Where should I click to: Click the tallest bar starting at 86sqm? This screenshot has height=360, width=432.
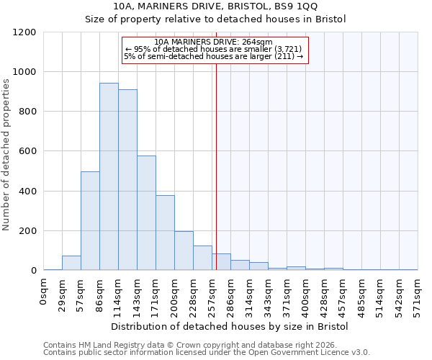tap(109, 176)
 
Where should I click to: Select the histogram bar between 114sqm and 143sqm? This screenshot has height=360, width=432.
tap(127, 180)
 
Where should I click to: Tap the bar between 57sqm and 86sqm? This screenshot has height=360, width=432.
tap(90, 221)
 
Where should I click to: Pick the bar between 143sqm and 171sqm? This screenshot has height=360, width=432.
tap(146, 213)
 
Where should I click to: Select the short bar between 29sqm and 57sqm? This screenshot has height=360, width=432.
tap(71, 263)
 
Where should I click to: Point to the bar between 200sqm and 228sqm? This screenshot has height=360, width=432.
tap(184, 251)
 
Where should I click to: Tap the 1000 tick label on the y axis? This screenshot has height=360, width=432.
tap(24, 72)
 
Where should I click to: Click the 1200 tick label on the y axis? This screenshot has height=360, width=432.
tap(24, 32)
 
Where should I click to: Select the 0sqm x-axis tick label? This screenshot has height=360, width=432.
tap(44, 290)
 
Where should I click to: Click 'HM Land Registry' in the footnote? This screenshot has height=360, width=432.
tap(108, 345)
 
